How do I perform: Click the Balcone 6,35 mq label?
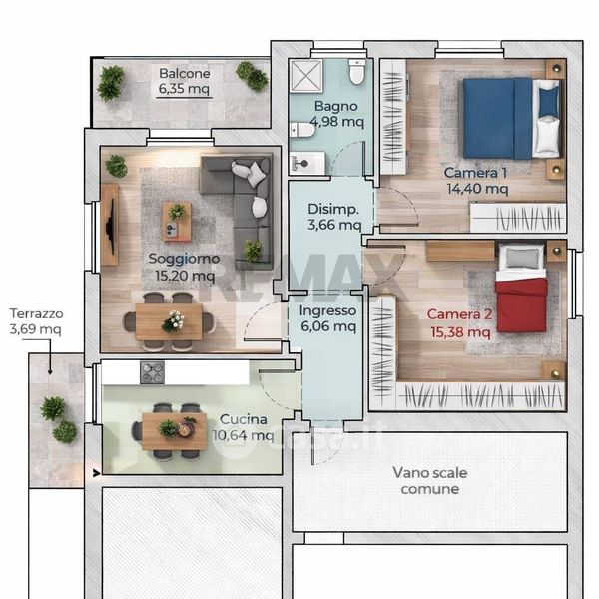pos(184,81)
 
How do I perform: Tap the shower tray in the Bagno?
pos(305,76)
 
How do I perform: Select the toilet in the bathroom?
pos(357,71)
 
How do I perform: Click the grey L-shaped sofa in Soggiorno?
pos(237,210)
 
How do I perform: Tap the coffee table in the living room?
pos(177,222)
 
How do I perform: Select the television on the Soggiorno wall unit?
pos(111,227)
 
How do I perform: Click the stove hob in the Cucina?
pos(152,372)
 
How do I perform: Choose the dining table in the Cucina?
pos(175,431)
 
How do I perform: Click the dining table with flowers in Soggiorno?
pos(169,322)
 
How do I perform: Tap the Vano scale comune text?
pos(430,481)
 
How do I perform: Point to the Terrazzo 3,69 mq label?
pos(36,321)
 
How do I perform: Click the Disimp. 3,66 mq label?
pos(334,217)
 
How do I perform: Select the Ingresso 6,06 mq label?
pos(328,318)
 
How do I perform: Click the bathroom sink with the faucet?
pos(306,163)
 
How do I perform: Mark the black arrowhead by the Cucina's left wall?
pos(96,473)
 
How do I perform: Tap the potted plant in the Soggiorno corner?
pos(116,166)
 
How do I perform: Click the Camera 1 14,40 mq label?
pos(476,181)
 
